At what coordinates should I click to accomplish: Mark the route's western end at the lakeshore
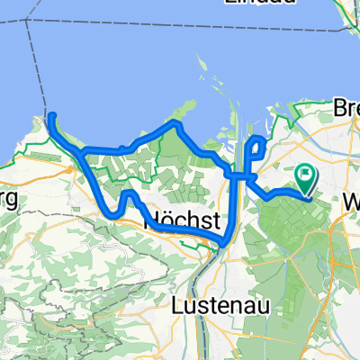(x=51, y=116)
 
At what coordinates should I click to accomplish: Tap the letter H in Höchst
(x=149, y=221)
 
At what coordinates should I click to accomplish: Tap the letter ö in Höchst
(x=162, y=221)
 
